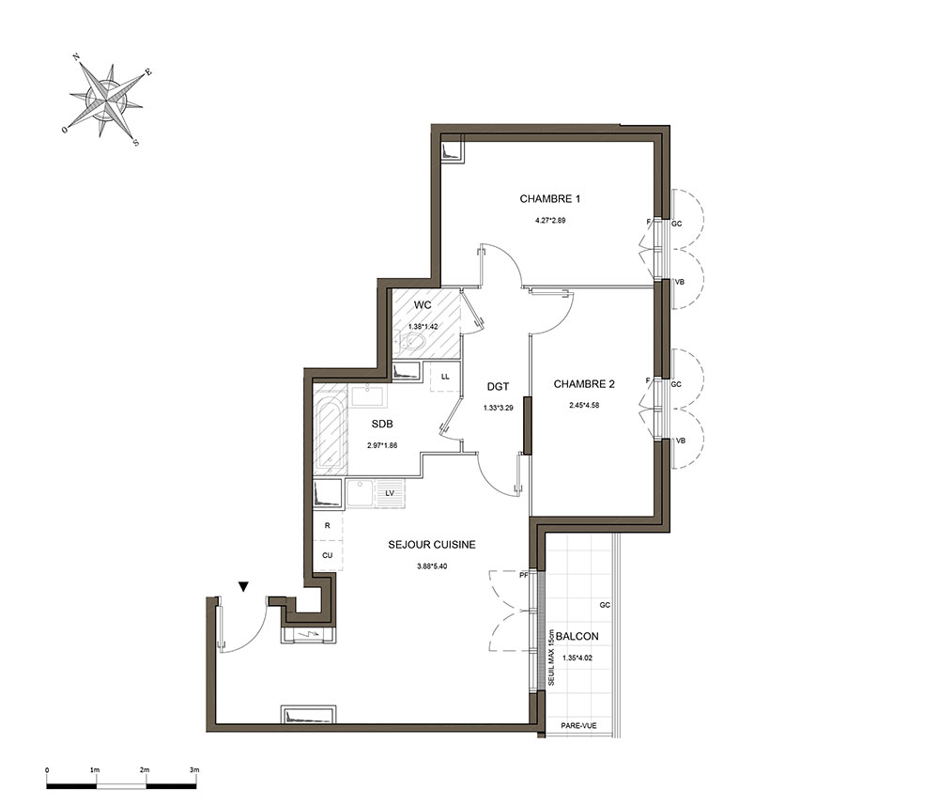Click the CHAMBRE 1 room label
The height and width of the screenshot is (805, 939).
pos(549,199)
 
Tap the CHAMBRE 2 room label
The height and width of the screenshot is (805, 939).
pos(584,384)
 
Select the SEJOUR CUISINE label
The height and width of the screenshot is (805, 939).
pos(432,545)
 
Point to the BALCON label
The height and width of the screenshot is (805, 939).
pos(577,636)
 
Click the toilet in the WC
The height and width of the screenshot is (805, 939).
pos(411,343)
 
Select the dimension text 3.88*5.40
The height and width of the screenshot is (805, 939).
pos(432,566)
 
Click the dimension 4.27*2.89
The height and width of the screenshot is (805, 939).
pos(549,221)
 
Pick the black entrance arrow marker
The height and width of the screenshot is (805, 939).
pos(243,586)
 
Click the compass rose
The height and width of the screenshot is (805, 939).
pos(106,99)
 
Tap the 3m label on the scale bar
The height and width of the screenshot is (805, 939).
pos(194,770)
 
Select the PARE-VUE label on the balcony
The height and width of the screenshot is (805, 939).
pos(578,726)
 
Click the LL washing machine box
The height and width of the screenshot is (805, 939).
pos(445,377)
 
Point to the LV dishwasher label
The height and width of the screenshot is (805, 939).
pos(390,493)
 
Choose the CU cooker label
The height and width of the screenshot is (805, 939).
pos(327,556)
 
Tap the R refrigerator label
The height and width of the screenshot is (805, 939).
pos(327,525)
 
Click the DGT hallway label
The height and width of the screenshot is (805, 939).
pos(498,387)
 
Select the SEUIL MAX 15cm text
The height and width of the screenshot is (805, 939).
pos(551,658)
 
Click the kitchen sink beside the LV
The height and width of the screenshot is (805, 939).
pos(360,492)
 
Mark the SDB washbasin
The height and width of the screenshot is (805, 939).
pos(368,396)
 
